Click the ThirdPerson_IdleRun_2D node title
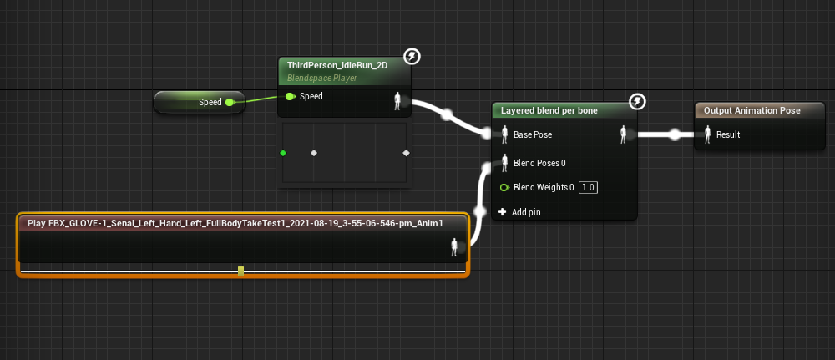(x=337, y=65)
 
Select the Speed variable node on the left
(x=200, y=102)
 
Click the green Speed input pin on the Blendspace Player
(x=290, y=96)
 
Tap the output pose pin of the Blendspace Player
(x=397, y=101)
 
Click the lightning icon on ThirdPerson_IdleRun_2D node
(x=412, y=56)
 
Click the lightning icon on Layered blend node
(x=637, y=101)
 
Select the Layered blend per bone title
(x=549, y=111)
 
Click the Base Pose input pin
(x=504, y=134)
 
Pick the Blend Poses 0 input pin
(x=504, y=163)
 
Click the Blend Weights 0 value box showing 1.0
(x=588, y=187)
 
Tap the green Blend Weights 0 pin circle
(x=504, y=187)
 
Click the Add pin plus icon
(x=502, y=212)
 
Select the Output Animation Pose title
(x=752, y=110)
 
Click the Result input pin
(x=707, y=134)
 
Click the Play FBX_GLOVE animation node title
(x=235, y=223)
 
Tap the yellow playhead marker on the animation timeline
(x=240, y=271)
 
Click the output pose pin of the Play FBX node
(x=454, y=247)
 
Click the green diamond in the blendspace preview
(x=283, y=153)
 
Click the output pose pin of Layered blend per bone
(x=623, y=134)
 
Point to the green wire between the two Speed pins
(x=260, y=99)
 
